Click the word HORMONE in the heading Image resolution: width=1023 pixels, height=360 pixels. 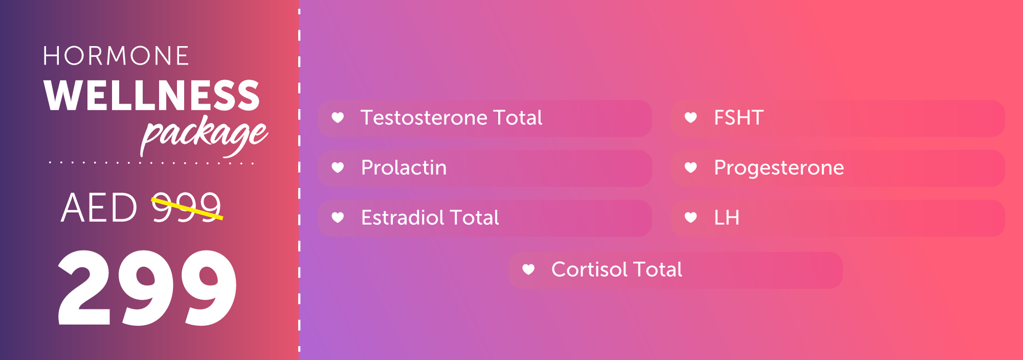(116, 56)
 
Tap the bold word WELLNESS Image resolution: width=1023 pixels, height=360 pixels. (152, 96)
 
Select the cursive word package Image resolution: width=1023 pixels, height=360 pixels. (204, 134)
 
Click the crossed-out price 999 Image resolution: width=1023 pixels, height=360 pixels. (187, 208)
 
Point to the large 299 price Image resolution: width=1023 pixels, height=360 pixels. (147, 288)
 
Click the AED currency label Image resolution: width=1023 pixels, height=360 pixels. (99, 208)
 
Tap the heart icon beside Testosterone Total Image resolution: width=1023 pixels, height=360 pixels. (338, 118)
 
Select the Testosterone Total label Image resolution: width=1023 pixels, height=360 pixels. (451, 118)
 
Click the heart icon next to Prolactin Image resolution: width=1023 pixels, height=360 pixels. (338, 167)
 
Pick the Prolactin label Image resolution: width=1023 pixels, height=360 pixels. (404, 168)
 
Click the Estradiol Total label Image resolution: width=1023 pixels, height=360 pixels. (430, 218)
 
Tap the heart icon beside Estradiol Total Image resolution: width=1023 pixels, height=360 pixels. (338, 217)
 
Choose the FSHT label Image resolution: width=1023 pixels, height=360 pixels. (739, 118)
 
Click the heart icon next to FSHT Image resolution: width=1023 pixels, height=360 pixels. (691, 118)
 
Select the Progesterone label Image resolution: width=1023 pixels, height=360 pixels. (779, 168)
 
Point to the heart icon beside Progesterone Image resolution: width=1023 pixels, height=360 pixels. (691, 167)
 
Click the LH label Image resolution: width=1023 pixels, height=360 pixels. (726, 218)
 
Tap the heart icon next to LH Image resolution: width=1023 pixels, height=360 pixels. (691, 217)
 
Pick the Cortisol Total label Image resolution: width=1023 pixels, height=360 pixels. (616, 269)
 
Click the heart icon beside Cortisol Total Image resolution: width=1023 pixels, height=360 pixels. (528, 269)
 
